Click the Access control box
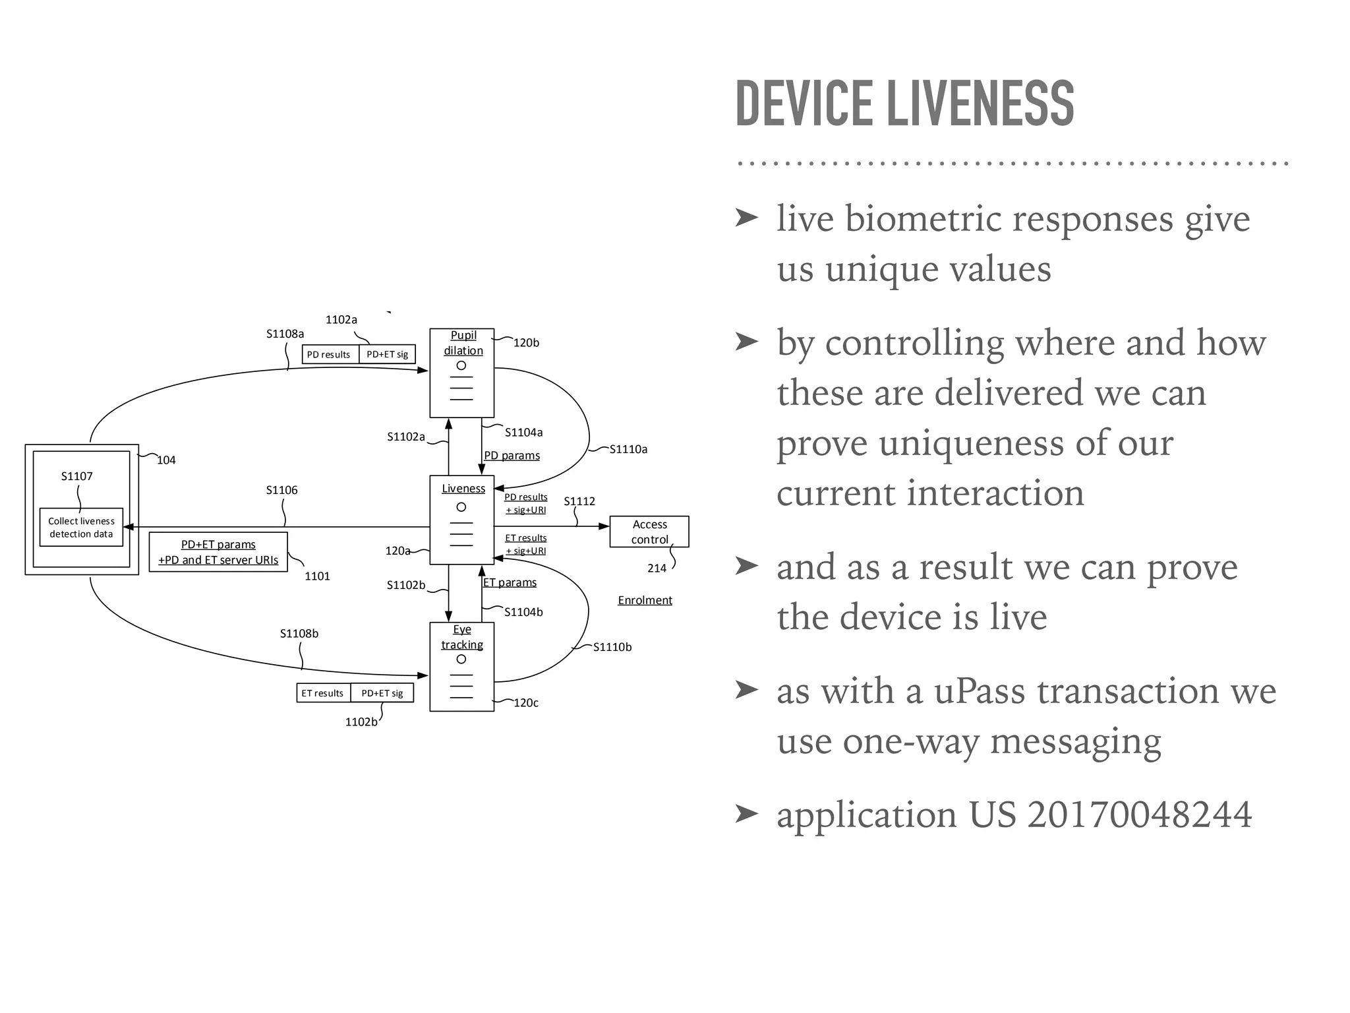649,532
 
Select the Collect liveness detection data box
81,528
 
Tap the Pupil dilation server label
463,343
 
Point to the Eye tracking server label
462,637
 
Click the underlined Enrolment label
645,600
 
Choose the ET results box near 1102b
323,693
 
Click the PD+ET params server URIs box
218,552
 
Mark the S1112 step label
579,501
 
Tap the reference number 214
657,568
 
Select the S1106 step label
281,490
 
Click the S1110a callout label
628,449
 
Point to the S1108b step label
299,634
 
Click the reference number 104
166,460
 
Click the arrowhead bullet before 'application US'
747,814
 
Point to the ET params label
510,582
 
